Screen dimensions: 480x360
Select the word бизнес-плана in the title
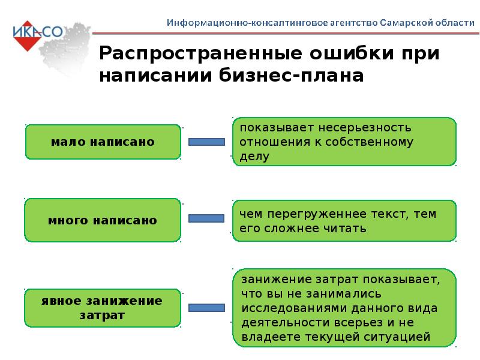tap(291, 76)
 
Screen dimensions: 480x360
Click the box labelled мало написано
tap(103, 142)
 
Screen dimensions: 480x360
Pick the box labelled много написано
tap(103, 220)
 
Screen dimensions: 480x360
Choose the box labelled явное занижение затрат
tap(103, 308)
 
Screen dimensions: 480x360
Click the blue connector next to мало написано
tap(206, 142)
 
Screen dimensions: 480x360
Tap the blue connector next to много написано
tap(206, 218)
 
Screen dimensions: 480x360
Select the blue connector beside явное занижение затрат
tap(206, 308)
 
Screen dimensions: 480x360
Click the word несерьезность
tap(365, 128)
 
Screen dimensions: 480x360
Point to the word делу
tap(254, 157)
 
